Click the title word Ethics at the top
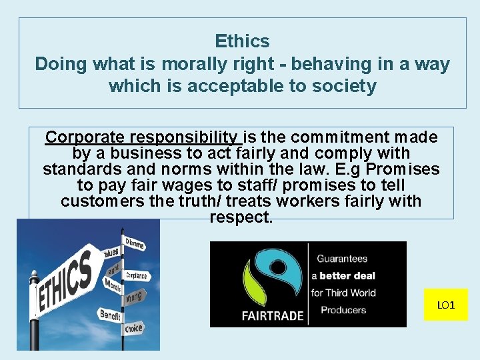tap(242, 41)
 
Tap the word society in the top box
tap(343, 86)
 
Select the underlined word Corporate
tap(85, 137)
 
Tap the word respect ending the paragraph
tap(241, 217)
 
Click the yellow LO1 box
tap(446, 305)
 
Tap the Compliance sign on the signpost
tap(137, 275)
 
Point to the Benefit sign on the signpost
tap(109, 314)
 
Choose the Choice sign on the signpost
tap(133, 329)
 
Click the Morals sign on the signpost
tap(112, 285)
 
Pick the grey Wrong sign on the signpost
tap(133, 295)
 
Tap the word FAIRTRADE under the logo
tap(273, 315)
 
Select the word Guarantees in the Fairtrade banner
tap(342, 259)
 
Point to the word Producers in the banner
tap(343, 309)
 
